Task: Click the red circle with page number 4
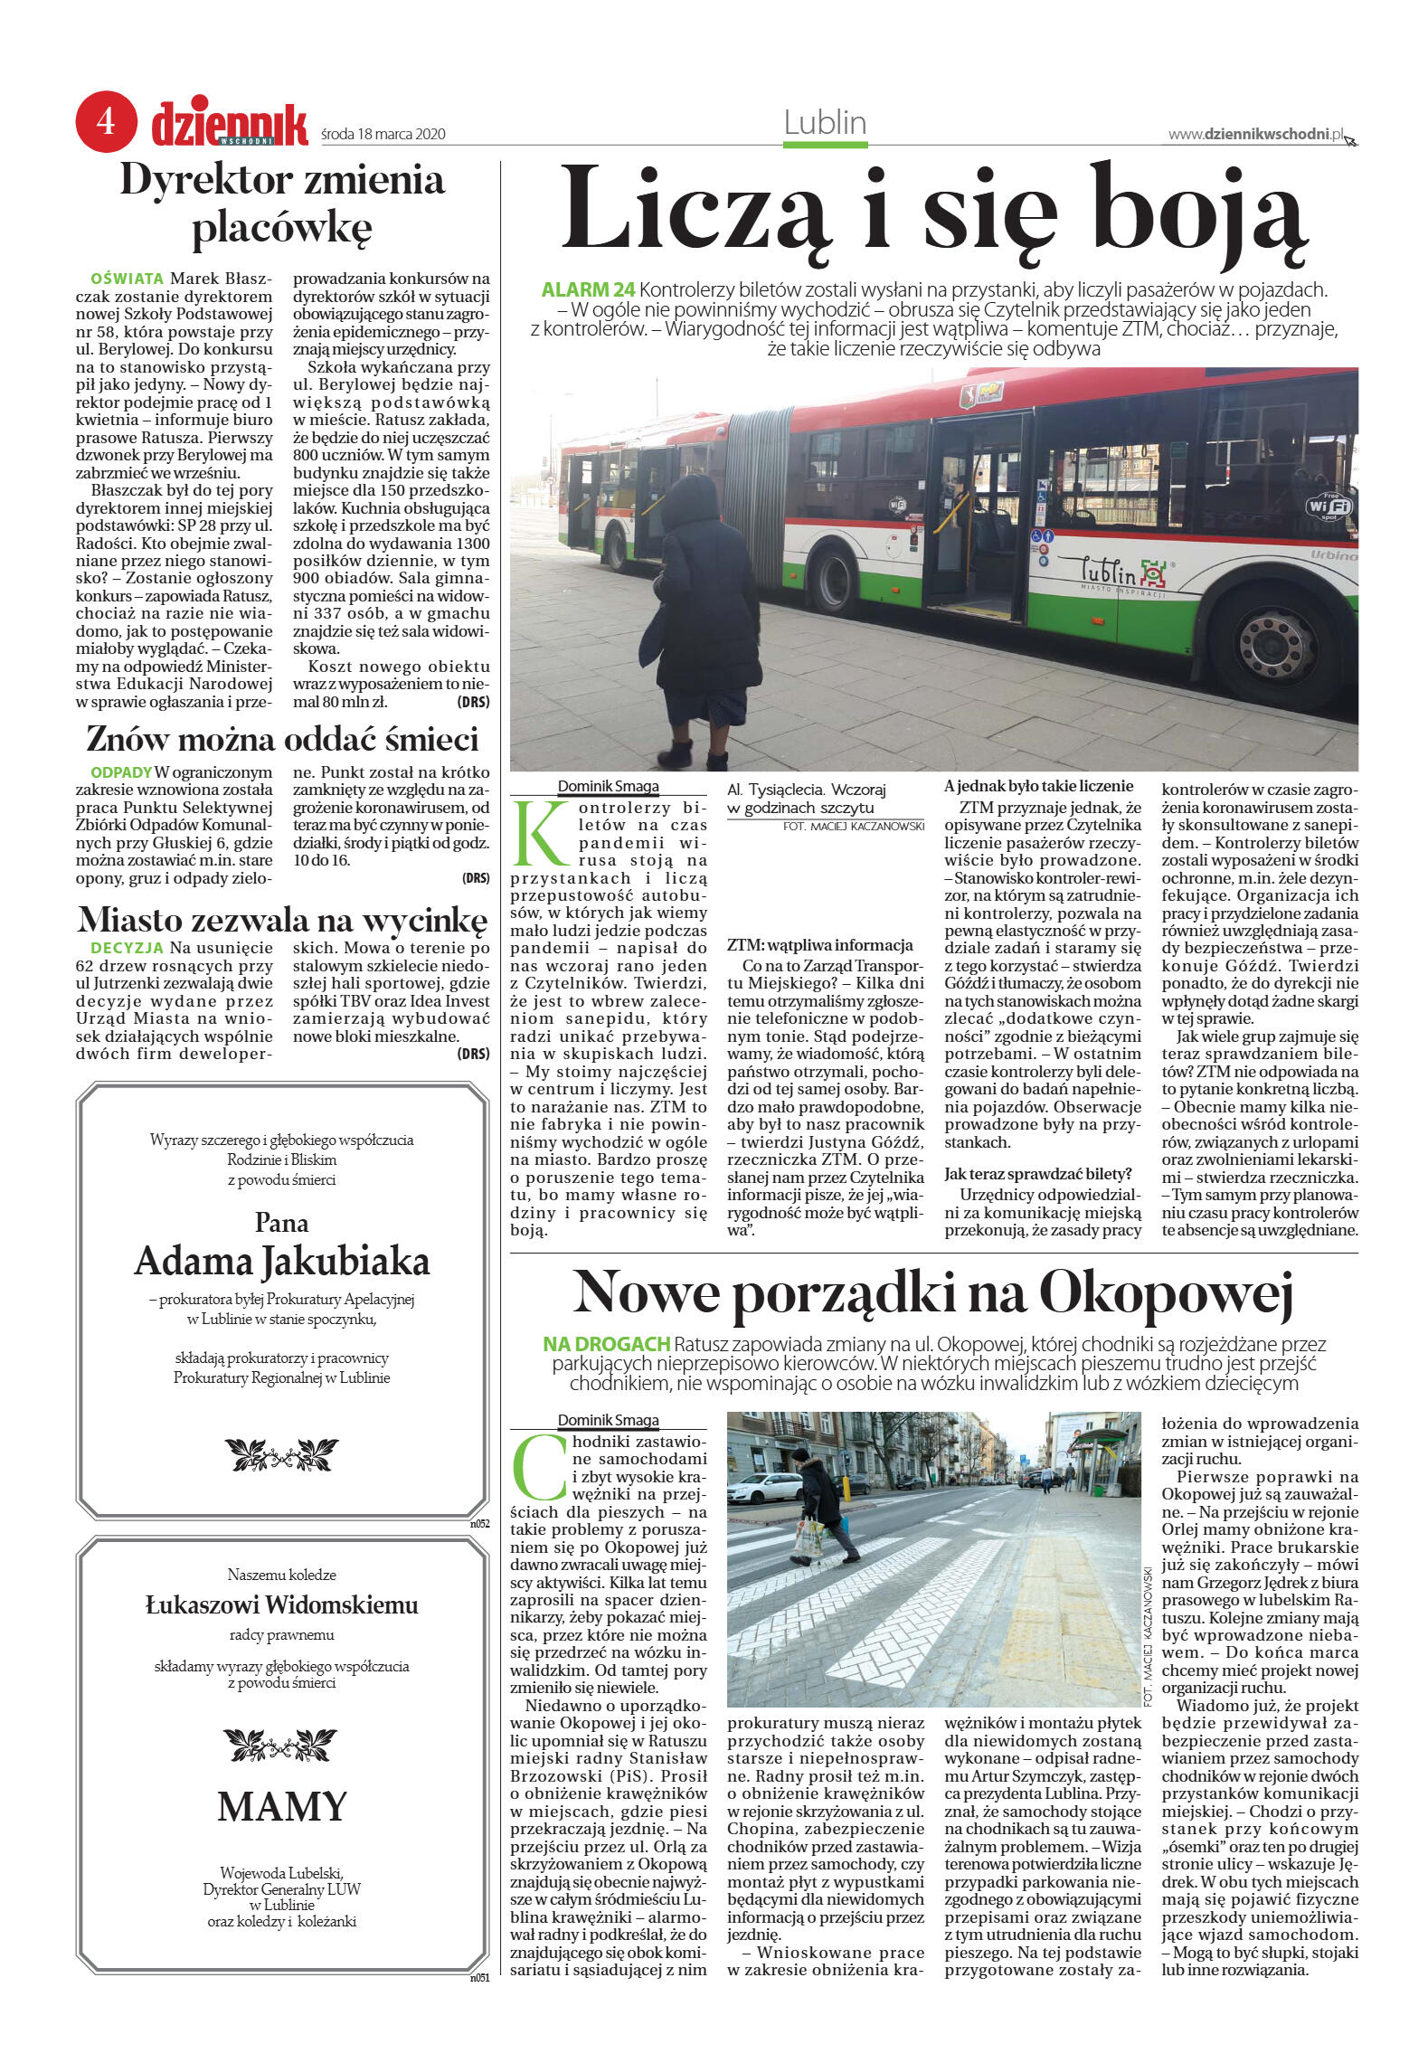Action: pos(106,121)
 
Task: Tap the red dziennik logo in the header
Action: pos(230,125)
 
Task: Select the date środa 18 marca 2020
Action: pos(383,135)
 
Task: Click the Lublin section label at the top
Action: pos(825,123)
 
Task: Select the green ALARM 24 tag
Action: pos(588,290)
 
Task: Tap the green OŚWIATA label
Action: pos(128,279)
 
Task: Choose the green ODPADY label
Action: pos(121,772)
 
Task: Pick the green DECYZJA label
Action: pos(127,948)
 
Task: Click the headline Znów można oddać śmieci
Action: pos(282,739)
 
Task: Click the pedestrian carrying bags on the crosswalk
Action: pos(819,1509)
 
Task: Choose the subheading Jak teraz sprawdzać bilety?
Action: pos(1037,1174)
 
